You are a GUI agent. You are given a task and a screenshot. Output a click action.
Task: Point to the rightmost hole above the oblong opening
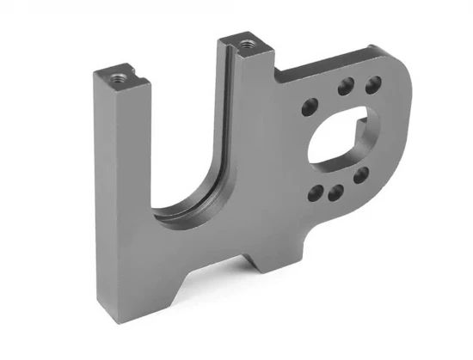(x=372, y=84)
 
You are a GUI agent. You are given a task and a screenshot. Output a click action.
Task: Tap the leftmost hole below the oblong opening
(x=319, y=192)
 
